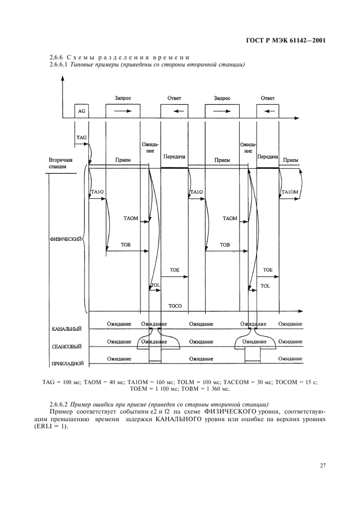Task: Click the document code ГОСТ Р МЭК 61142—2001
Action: pyautogui.click(x=295, y=40)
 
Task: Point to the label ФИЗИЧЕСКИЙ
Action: pyautogui.click(x=65, y=239)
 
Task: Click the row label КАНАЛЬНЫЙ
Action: pyautogui.click(x=67, y=329)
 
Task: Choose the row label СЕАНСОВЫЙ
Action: pyautogui.click(x=66, y=346)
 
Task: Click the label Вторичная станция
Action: pyautogui.click(x=60, y=163)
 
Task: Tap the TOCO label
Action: pyautogui.click(x=175, y=306)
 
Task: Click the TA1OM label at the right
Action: pyautogui.click(x=289, y=192)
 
